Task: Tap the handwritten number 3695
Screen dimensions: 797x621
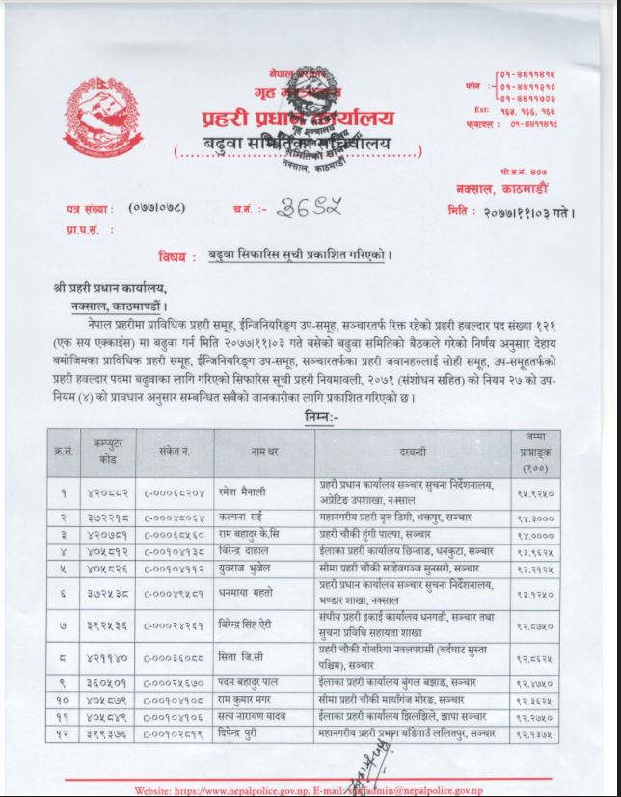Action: coord(307,206)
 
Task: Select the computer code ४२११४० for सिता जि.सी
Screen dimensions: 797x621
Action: coord(103,660)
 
